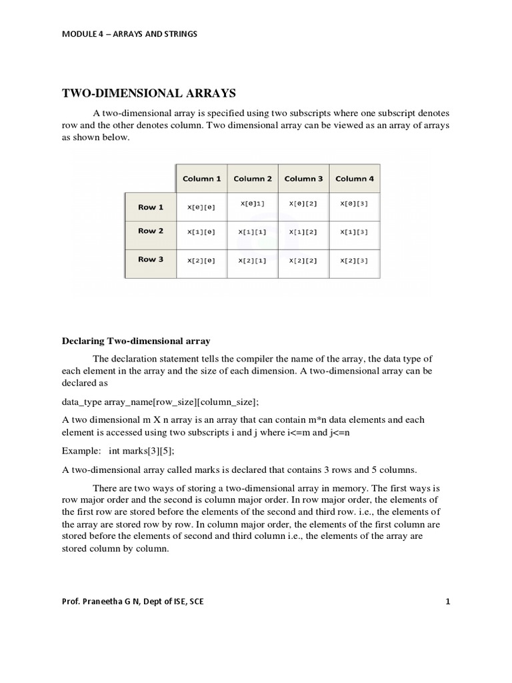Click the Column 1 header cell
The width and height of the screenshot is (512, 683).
pyautogui.click(x=202, y=179)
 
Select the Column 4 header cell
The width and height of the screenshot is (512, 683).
pyautogui.click(x=354, y=179)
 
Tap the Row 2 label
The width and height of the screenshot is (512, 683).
pyautogui.click(x=151, y=231)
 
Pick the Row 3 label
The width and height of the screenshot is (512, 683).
pyautogui.click(x=151, y=259)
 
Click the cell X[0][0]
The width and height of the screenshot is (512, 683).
pyautogui.click(x=202, y=208)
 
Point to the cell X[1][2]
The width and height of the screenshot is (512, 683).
pyautogui.click(x=303, y=232)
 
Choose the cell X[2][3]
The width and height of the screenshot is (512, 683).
pyautogui.click(x=354, y=261)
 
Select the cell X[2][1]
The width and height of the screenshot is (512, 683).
pyautogui.click(x=253, y=261)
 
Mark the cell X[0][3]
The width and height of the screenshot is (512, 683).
pyautogui.click(x=354, y=203)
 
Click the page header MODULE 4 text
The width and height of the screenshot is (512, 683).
pyautogui.click(x=129, y=34)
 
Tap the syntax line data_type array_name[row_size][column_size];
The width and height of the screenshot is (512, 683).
pyautogui.click(x=160, y=402)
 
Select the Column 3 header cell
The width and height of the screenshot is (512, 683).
pyautogui.click(x=303, y=179)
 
